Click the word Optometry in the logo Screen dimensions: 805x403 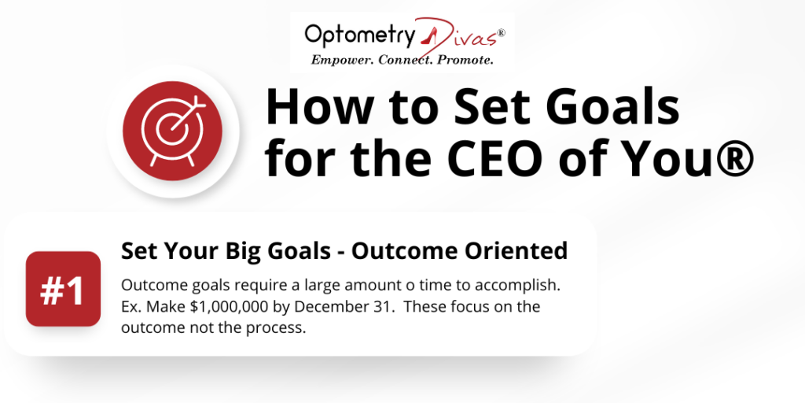click(358, 36)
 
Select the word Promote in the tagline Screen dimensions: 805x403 click(465, 61)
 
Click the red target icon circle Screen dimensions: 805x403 click(172, 131)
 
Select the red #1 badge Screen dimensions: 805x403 click(63, 289)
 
